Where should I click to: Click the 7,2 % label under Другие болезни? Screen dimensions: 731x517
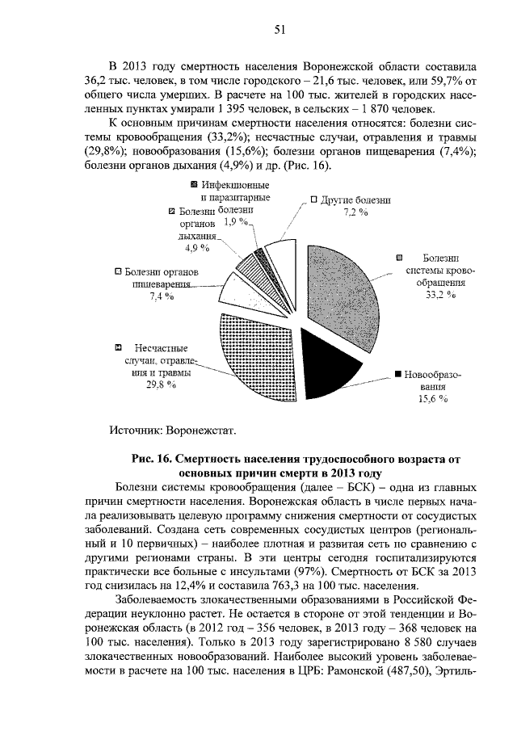pos(355,212)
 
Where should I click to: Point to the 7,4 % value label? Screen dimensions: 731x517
pos(162,297)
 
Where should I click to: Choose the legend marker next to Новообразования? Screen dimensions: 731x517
pos(398,376)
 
